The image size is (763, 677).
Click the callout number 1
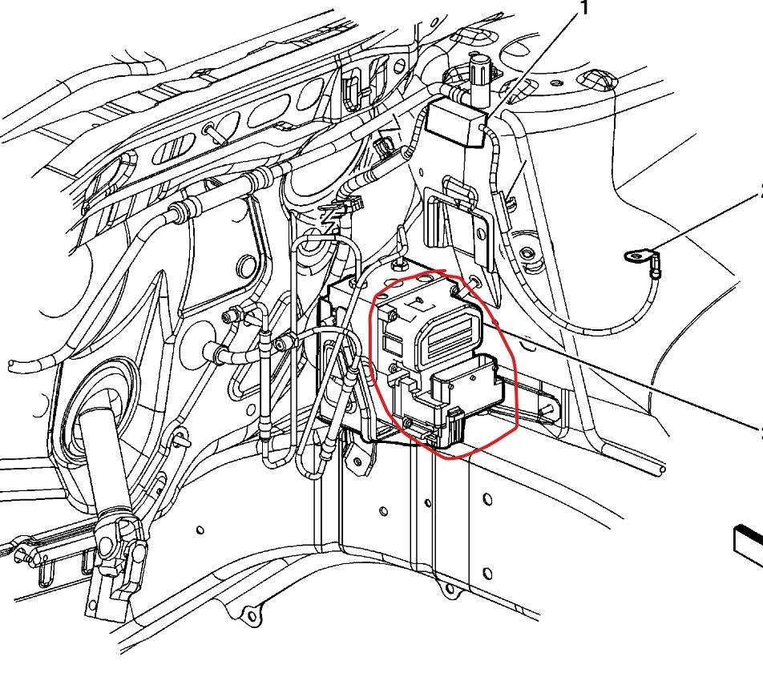(x=583, y=9)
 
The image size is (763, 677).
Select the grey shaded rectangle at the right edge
(x=749, y=541)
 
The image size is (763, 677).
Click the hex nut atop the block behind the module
(x=398, y=264)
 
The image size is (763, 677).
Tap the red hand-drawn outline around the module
(x=513, y=377)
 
